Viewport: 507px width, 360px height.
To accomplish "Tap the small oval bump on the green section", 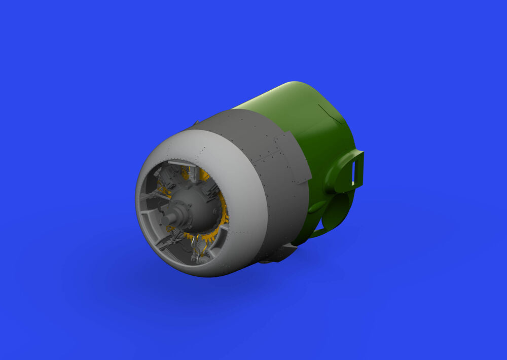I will [x=317, y=206].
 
